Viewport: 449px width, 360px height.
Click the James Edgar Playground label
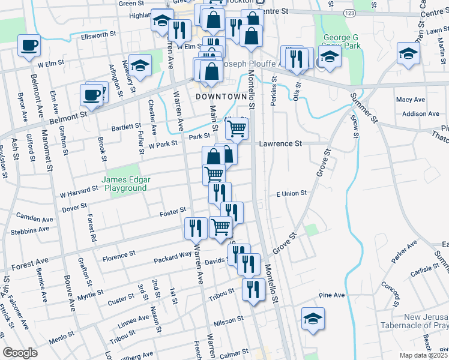coord(125,184)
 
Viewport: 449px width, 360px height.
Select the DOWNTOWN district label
coord(221,97)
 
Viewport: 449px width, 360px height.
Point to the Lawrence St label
coord(280,144)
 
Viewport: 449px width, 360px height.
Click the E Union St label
coord(291,193)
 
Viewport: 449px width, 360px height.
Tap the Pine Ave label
coord(332,295)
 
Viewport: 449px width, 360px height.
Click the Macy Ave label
coord(411,100)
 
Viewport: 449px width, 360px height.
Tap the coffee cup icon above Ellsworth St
coord(29,46)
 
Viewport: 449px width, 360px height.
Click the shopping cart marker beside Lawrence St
coord(237,128)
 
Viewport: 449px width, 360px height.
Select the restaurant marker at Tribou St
coord(253,289)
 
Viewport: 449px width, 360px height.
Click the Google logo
coord(20,353)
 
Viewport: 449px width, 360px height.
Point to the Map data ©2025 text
coord(423,355)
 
